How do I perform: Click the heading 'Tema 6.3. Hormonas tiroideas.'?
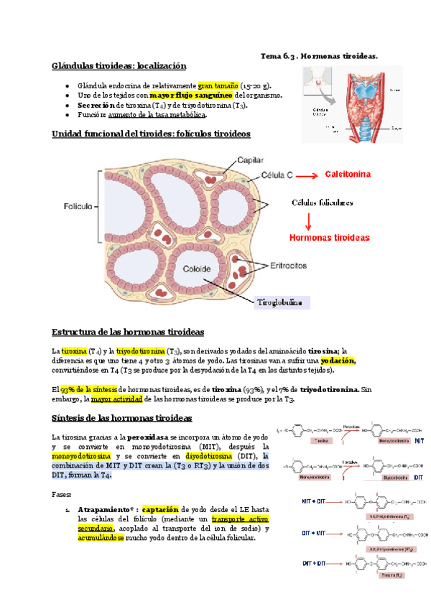[x=318, y=55]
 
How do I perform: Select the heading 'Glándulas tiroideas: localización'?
[x=119, y=66]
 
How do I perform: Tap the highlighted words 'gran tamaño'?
[x=220, y=84]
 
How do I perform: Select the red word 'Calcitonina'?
[x=349, y=175]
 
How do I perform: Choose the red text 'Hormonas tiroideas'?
[x=330, y=237]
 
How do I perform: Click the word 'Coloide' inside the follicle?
[x=196, y=269]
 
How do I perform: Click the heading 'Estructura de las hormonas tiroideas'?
[x=129, y=332]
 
